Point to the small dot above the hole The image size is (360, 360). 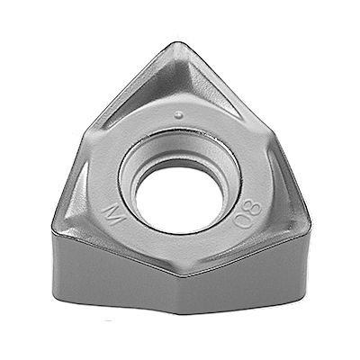[x=180, y=113]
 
